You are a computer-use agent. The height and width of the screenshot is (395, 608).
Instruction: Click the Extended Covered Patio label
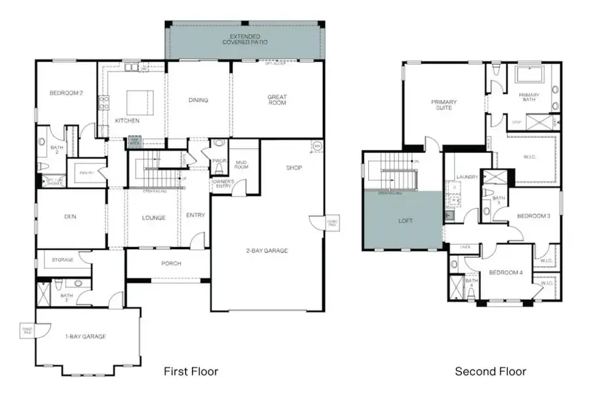coord(245,38)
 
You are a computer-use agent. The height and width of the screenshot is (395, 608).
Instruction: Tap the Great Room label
coord(276,101)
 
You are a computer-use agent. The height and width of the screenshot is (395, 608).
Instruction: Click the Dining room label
coord(198,100)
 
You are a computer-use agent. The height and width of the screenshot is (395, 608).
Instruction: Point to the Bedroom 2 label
coord(66,93)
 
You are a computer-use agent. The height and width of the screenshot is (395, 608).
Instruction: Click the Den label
coord(70,217)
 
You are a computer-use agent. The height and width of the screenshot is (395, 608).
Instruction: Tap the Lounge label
coord(154,217)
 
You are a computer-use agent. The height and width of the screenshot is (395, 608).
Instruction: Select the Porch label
coord(171,263)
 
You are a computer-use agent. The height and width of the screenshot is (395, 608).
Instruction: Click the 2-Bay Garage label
coord(266,251)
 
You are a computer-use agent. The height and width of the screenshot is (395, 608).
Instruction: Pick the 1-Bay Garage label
coord(86,336)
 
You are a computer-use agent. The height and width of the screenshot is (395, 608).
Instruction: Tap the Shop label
coord(293,167)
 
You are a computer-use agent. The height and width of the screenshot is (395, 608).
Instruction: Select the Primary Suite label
coord(444,105)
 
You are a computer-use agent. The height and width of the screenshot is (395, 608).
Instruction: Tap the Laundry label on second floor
coord(467,177)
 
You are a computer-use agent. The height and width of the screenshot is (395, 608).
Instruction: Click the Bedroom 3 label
coord(532,216)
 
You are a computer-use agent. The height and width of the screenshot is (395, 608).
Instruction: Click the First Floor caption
coord(191,371)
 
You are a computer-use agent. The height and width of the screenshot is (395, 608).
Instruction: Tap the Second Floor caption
coord(490,371)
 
